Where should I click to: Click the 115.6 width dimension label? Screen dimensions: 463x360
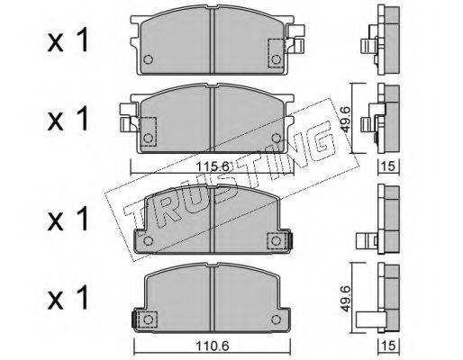[x=213, y=166]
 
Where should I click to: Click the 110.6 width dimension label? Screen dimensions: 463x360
[x=213, y=346]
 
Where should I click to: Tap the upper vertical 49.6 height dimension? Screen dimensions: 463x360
[x=346, y=120]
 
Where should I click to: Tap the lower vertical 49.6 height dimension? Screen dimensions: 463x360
[x=346, y=299]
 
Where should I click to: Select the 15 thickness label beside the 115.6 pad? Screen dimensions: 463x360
[x=389, y=166]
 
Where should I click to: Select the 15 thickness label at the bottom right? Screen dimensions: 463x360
[x=389, y=346]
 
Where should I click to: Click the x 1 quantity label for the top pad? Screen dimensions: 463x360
[x=68, y=40]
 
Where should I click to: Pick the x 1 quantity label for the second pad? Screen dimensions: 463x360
[x=68, y=119]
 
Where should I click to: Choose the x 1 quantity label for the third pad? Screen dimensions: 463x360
[x=68, y=219]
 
